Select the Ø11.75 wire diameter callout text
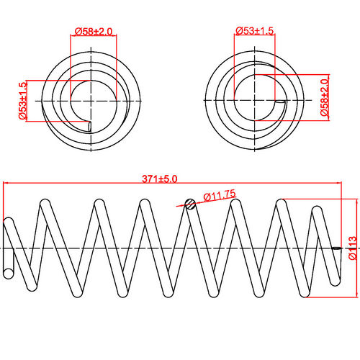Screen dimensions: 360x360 220,195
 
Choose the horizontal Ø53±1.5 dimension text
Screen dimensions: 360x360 255,31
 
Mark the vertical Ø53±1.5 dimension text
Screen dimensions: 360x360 22,100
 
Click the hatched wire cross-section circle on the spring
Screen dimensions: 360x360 191,204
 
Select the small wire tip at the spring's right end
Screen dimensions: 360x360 338,249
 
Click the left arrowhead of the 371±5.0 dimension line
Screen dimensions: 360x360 6,184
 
